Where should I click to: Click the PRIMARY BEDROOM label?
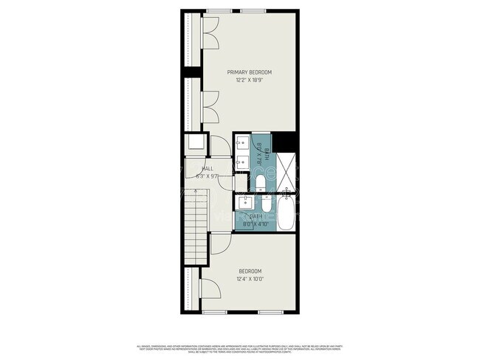[250, 72]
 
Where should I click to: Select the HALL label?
[197, 169]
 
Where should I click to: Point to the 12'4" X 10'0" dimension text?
[250, 279]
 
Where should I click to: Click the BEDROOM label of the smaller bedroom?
[250, 271]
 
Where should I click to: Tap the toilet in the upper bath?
[261, 181]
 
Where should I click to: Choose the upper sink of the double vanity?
[243, 143]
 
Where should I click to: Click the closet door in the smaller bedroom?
[205, 289]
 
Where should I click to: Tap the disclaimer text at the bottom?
[240, 347]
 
